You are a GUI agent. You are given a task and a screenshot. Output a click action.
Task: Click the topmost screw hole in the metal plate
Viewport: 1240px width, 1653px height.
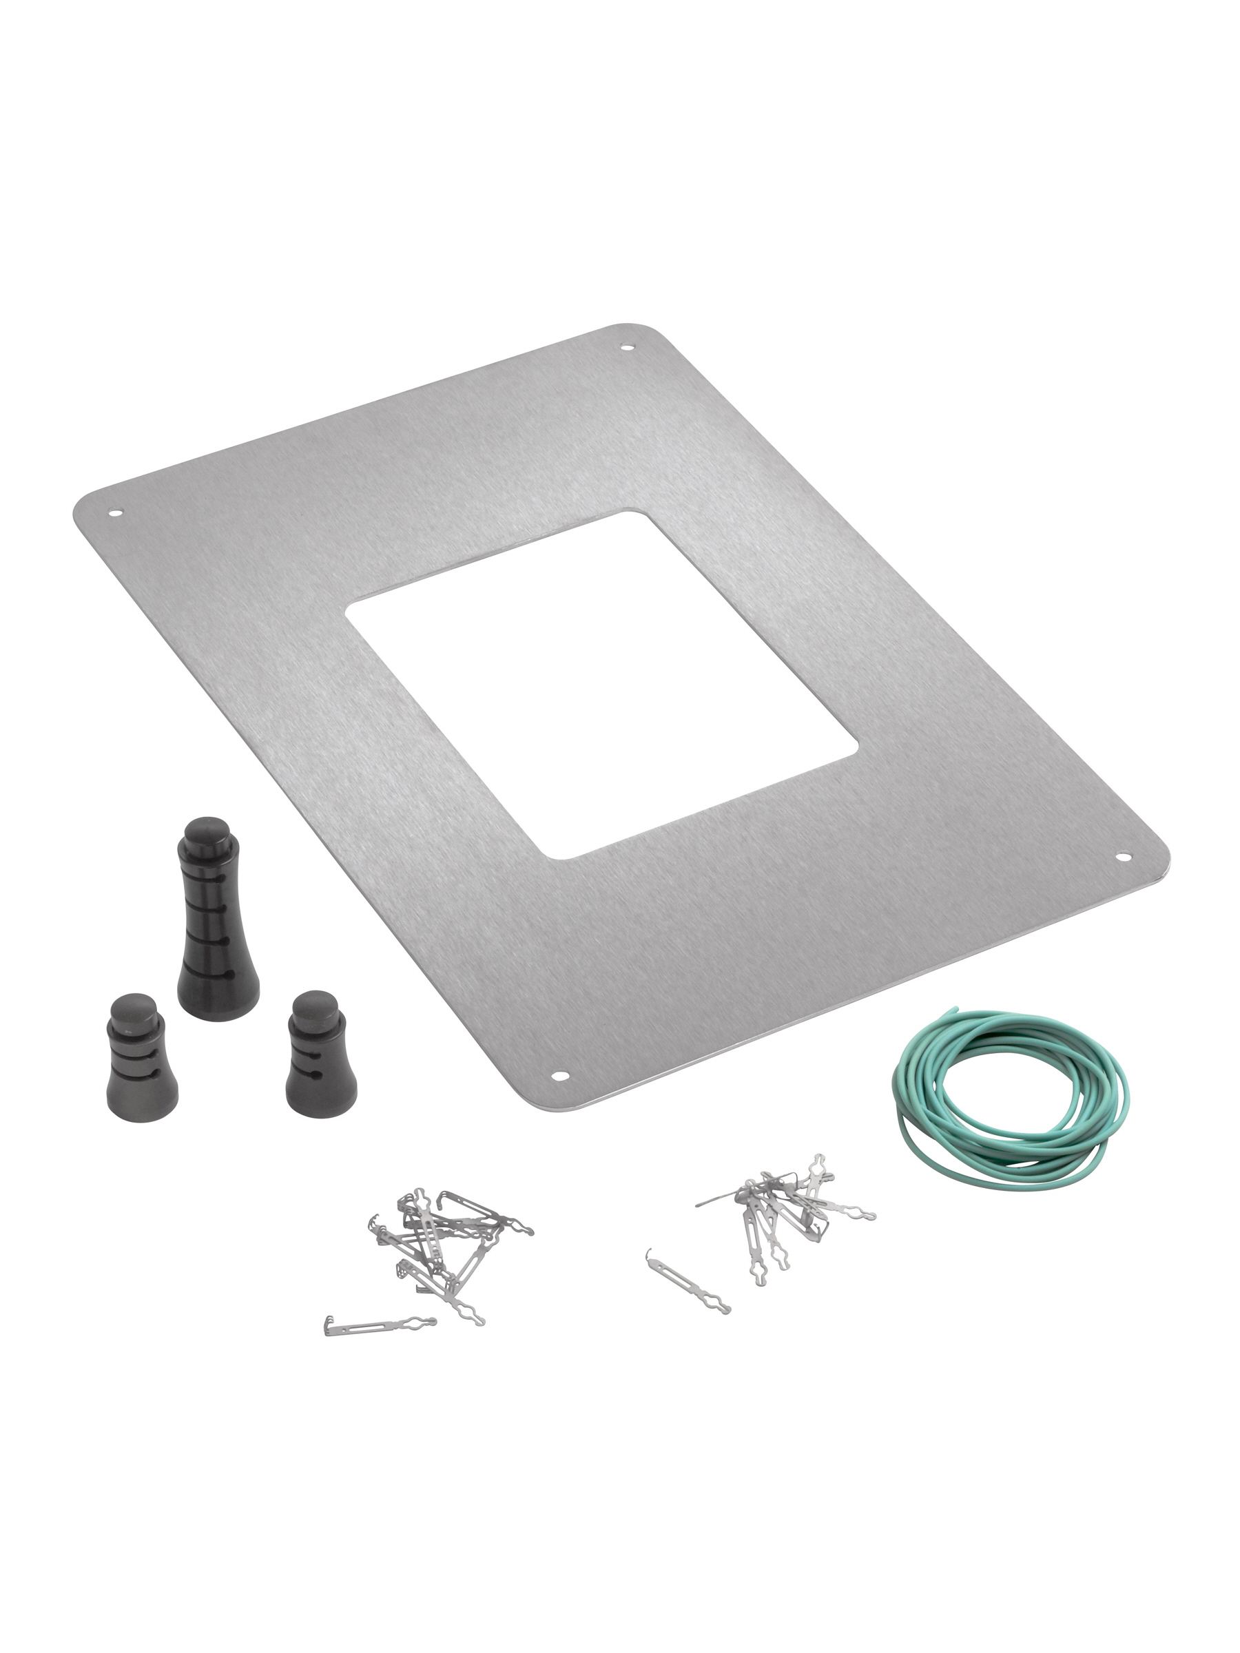click(627, 346)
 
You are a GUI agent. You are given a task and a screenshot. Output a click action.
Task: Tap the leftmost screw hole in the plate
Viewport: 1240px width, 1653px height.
click(115, 512)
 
